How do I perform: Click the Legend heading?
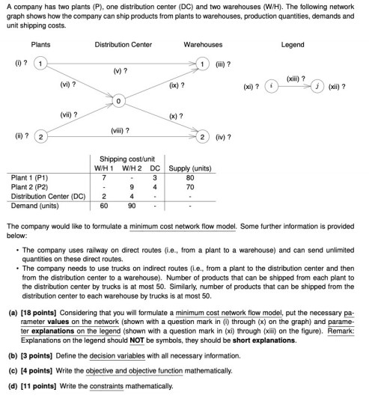[293, 45]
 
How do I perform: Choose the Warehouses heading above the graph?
[203, 45]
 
